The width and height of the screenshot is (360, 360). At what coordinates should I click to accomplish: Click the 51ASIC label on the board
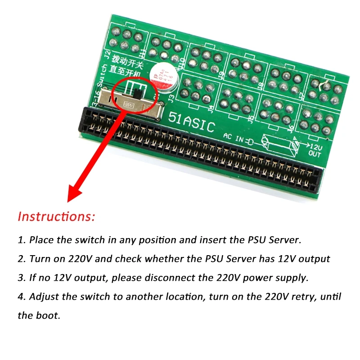191,120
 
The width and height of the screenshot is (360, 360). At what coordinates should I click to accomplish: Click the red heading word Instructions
56,216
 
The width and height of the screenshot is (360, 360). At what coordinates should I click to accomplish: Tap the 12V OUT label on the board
315,149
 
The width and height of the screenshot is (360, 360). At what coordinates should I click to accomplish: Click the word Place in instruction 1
41,239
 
